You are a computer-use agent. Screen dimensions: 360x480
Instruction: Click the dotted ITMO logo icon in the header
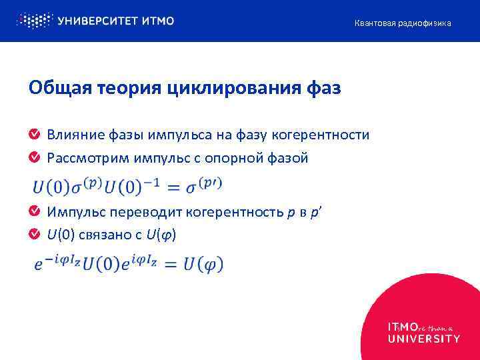tap(33, 21)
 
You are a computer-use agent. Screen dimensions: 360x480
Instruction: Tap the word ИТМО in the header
tap(158, 21)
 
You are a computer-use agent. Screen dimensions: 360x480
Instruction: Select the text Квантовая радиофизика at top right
tap(402, 23)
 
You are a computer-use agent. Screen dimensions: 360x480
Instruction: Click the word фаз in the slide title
tap(323, 88)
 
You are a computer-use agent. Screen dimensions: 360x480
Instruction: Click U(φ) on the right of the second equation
tap(202, 264)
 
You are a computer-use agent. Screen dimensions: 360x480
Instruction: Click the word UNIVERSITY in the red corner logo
tap(423, 339)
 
